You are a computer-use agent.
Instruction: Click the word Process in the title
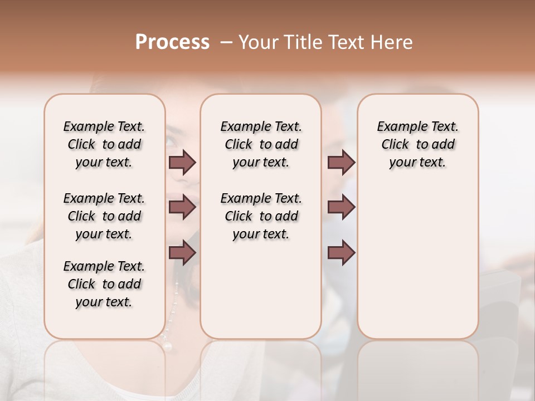[x=172, y=42]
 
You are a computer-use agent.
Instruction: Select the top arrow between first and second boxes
[x=182, y=163]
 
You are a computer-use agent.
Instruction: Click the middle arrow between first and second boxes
[x=182, y=208]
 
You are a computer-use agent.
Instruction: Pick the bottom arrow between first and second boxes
[x=182, y=253]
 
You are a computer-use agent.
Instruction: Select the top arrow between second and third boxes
[x=341, y=163]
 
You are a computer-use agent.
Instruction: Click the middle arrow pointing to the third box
[x=341, y=208]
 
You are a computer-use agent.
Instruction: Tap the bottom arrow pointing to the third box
[x=341, y=253]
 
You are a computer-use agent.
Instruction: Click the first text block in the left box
[x=104, y=144]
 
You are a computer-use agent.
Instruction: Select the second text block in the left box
[x=104, y=216]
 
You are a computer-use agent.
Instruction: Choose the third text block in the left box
[x=104, y=284]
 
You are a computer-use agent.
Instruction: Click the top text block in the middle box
[x=261, y=144]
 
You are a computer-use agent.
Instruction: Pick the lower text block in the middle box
[x=261, y=216]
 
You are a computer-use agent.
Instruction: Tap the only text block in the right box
[x=417, y=144]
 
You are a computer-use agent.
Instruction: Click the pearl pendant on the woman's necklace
[x=167, y=346]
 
